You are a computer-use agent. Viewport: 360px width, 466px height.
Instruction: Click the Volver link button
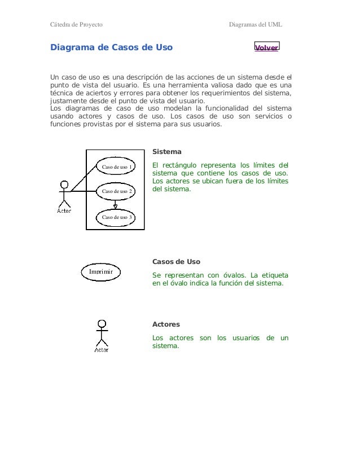coord(266,48)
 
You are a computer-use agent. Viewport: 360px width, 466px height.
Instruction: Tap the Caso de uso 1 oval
coord(116,167)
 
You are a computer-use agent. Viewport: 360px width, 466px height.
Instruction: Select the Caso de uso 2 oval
coord(116,192)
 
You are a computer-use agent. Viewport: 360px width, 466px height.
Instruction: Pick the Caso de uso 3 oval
coord(116,217)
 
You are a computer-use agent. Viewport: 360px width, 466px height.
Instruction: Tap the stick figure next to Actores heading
coord(102,334)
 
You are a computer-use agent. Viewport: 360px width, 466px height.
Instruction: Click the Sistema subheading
coord(167,152)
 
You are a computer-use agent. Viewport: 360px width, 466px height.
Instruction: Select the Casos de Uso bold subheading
coord(177,262)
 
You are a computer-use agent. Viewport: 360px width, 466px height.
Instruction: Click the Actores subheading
coord(166,324)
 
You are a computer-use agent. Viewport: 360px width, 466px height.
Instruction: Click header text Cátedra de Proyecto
coord(76,25)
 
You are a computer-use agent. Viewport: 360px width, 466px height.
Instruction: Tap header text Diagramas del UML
coord(255,25)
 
